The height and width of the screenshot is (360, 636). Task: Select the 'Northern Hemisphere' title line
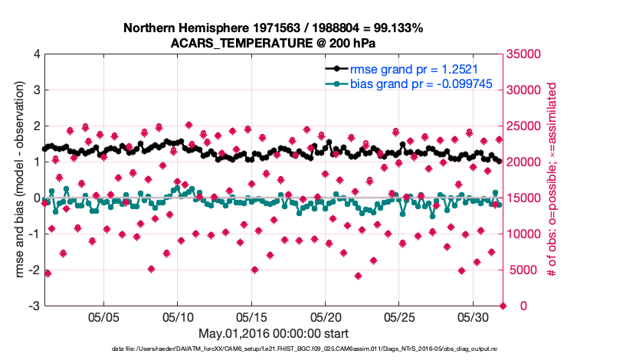(273, 28)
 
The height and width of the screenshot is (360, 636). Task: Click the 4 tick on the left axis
(37, 54)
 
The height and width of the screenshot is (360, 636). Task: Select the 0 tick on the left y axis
(37, 198)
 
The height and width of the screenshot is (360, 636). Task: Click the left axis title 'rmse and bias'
(17, 180)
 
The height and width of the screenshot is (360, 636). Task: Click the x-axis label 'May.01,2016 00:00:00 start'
(273, 333)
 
